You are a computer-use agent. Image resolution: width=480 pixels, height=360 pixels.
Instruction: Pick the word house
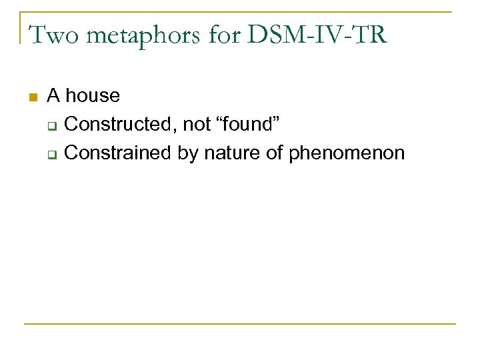(x=93, y=96)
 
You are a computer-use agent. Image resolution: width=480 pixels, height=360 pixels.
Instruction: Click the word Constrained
(x=120, y=153)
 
